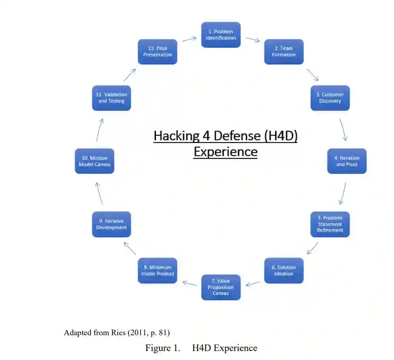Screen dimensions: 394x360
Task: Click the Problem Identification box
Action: coord(221,35)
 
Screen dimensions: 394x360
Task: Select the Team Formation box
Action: coord(284,52)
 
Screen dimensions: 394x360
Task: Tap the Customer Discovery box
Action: coord(330,98)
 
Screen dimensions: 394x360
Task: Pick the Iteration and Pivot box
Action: coord(347,161)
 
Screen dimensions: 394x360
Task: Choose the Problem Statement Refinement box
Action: coord(330,224)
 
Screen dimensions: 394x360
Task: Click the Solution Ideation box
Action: coord(284,271)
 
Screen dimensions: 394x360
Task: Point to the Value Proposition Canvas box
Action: coord(221,287)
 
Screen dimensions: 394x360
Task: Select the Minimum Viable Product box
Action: coord(157,271)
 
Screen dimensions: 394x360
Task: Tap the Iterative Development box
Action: coord(111,224)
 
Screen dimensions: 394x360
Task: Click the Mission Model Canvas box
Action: coord(94,161)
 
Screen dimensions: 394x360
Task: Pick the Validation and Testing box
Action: coord(111,98)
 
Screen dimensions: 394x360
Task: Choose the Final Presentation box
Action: coord(157,52)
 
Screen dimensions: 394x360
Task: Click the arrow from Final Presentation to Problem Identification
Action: coord(189,39)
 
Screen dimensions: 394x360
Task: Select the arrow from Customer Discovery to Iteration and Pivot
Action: coord(343,130)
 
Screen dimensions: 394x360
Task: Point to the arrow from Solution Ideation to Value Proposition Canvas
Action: coord(253,283)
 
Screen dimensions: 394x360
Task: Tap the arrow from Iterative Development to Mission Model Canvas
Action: coord(99,193)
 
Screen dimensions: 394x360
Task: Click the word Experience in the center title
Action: coord(225,152)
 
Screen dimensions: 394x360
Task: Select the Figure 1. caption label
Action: coord(163,348)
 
